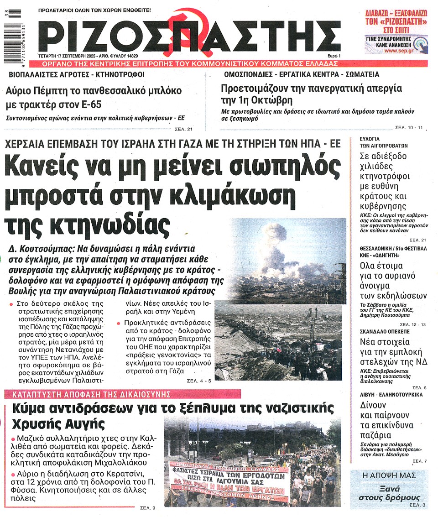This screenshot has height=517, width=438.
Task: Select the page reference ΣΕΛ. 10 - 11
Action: (410, 127)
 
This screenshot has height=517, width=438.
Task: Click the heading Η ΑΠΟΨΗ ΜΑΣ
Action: (389, 475)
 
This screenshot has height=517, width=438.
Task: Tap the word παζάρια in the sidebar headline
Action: (375, 434)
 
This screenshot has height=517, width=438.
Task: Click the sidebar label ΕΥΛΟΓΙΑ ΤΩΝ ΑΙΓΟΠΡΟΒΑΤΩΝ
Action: (377, 141)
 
